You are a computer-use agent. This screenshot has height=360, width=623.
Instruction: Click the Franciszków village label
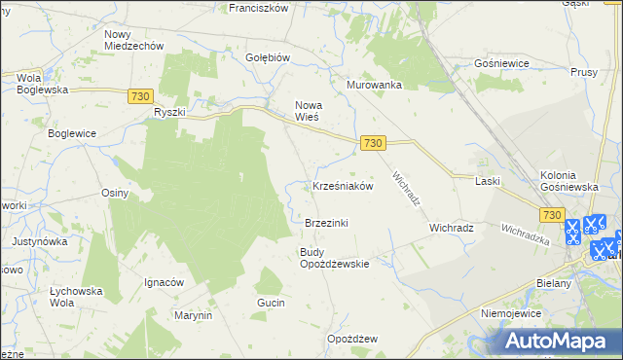tap(258, 8)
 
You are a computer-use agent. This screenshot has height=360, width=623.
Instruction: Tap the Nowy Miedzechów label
tap(133, 40)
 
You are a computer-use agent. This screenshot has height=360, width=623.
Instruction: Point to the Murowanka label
tap(374, 85)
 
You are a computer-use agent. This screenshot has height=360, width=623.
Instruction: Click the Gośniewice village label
tap(500, 62)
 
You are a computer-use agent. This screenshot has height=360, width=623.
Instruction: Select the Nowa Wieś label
tap(308, 110)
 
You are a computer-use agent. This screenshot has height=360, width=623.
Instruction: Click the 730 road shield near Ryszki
tap(140, 95)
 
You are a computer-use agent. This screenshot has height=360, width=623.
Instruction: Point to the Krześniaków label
tap(343, 186)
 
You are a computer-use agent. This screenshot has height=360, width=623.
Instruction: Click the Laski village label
tap(487, 181)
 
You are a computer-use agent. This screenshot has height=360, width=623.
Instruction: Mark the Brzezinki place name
tap(326, 223)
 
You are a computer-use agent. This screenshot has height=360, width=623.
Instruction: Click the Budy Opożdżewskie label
tap(333, 258)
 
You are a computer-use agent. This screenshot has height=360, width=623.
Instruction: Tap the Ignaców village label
tap(164, 282)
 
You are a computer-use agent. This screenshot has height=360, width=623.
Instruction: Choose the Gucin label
tap(271, 304)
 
